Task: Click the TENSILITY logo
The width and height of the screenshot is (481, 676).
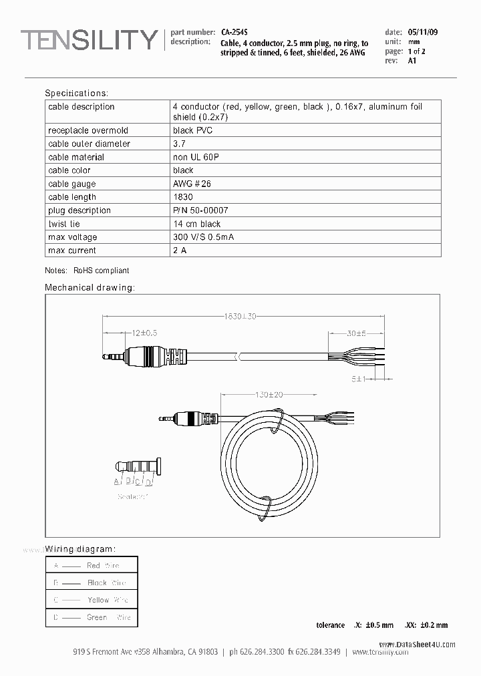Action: click(89, 41)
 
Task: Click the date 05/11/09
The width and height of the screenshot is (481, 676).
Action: click(423, 32)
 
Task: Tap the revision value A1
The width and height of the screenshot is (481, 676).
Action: click(412, 61)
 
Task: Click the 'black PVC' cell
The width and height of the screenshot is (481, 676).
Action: click(192, 130)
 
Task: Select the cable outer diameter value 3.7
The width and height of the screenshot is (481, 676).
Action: click(179, 144)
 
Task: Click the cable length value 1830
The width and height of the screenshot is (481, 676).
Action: click(182, 197)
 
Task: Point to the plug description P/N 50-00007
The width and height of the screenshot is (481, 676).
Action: click(200, 210)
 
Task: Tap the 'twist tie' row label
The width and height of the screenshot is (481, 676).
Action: click(63, 224)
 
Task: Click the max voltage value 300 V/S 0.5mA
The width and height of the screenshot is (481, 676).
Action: click(203, 237)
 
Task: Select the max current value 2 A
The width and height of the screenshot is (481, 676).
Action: click(180, 250)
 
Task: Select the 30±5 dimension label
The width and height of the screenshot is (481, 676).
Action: click(355, 333)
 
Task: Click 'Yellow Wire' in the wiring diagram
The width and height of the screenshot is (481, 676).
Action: click(108, 600)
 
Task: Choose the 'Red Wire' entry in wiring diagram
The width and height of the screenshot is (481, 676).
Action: click(104, 565)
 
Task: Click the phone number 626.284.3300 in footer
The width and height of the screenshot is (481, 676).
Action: click(265, 651)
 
